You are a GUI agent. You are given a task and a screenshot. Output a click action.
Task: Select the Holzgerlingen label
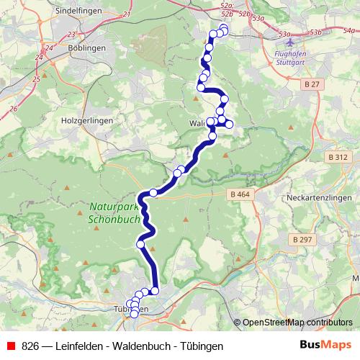point(86,121)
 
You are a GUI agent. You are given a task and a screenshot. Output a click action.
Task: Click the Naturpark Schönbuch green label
point(114,212)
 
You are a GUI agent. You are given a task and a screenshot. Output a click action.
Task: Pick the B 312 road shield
point(337,157)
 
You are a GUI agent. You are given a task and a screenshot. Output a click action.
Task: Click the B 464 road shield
point(240,194)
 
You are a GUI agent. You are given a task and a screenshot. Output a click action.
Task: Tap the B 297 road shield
point(304,238)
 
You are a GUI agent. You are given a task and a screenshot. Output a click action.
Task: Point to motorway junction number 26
point(14,108)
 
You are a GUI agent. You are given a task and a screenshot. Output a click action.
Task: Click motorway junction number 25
point(36,78)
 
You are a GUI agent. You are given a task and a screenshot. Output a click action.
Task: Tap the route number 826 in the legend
point(30,346)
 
